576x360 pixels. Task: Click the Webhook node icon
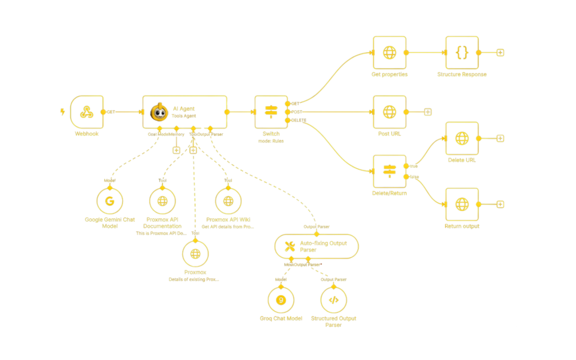[x=87, y=112]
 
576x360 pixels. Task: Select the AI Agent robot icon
[x=159, y=112]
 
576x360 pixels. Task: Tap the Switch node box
[x=271, y=112]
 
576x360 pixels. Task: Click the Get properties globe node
[x=389, y=53]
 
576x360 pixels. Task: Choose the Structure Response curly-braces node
[x=461, y=53]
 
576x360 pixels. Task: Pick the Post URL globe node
[x=389, y=112]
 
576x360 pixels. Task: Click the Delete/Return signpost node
[x=389, y=171]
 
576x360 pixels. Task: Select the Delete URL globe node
[x=461, y=138]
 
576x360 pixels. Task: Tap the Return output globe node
[x=461, y=204]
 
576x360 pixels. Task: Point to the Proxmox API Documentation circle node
[x=163, y=201]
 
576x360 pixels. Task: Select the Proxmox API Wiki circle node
[x=228, y=201]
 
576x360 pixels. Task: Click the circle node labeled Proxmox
[x=195, y=254]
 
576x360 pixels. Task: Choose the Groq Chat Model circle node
[x=281, y=300]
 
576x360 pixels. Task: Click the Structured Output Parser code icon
[x=333, y=300]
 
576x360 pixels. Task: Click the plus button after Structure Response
[x=500, y=53]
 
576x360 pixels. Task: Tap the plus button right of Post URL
[x=427, y=112]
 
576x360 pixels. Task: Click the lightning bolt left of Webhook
[x=62, y=111]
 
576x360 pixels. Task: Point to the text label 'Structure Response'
[x=461, y=75]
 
